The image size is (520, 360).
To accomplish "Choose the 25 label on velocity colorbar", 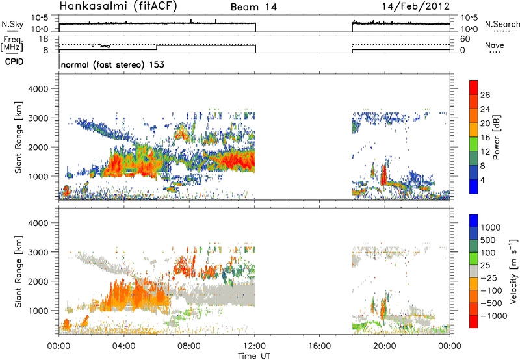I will click(487, 268).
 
